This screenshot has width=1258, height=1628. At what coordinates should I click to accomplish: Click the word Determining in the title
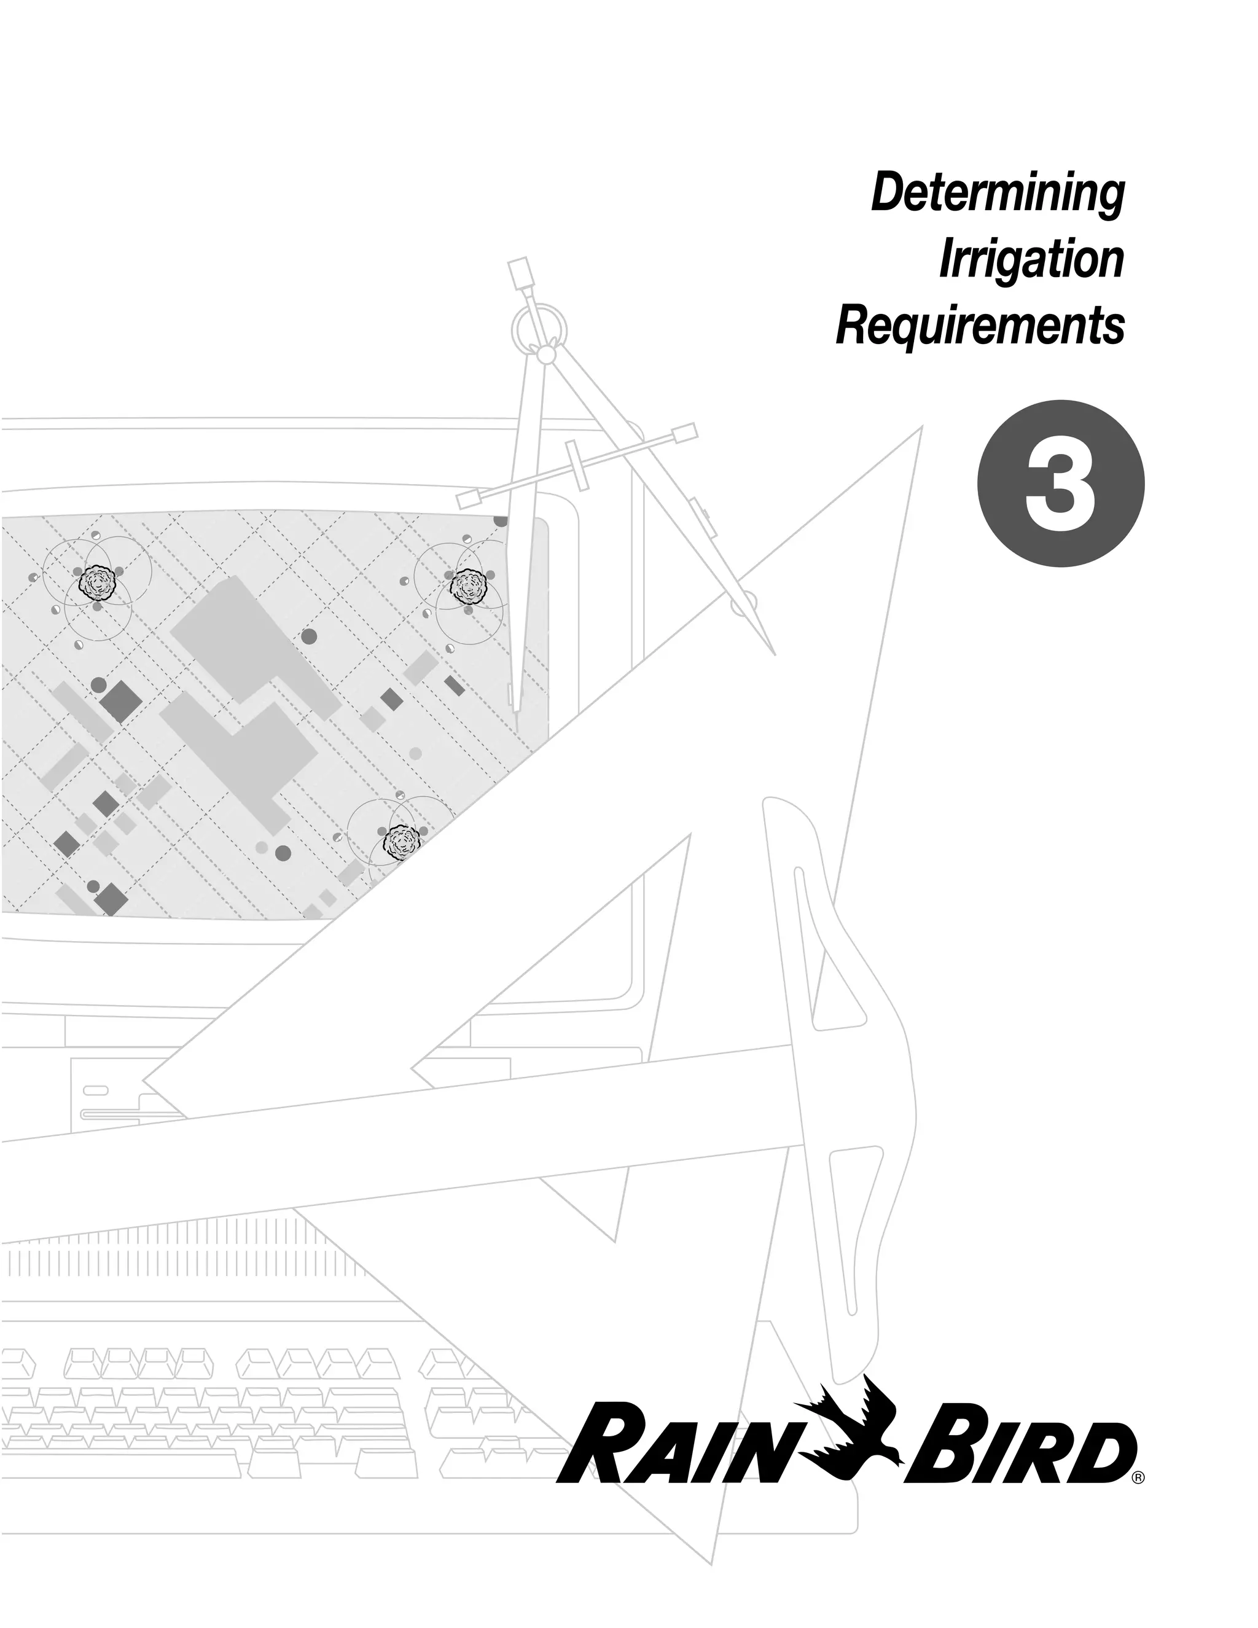[997, 193]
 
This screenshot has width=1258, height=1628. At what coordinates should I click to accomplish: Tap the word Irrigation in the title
[1031, 259]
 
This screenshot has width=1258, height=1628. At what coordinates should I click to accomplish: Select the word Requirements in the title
[979, 326]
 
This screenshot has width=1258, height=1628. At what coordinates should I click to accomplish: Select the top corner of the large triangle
[921, 428]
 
